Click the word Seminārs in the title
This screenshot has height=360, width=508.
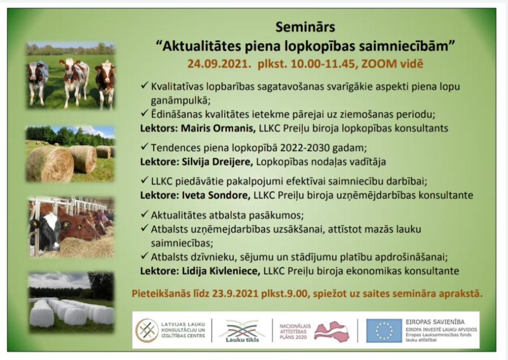click(x=305, y=27)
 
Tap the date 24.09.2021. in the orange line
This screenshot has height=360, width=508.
click(x=219, y=64)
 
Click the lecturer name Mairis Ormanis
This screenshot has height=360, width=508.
click(x=218, y=129)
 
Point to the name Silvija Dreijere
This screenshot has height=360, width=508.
click(x=217, y=161)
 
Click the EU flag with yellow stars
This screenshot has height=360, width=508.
click(x=384, y=331)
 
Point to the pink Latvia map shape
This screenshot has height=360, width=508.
click(x=331, y=331)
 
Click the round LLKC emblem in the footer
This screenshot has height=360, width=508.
click(x=147, y=331)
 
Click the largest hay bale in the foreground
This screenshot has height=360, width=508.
click(x=50, y=164)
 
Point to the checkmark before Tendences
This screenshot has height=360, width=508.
click(x=144, y=147)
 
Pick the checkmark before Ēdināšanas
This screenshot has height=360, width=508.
click(x=144, y=113)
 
